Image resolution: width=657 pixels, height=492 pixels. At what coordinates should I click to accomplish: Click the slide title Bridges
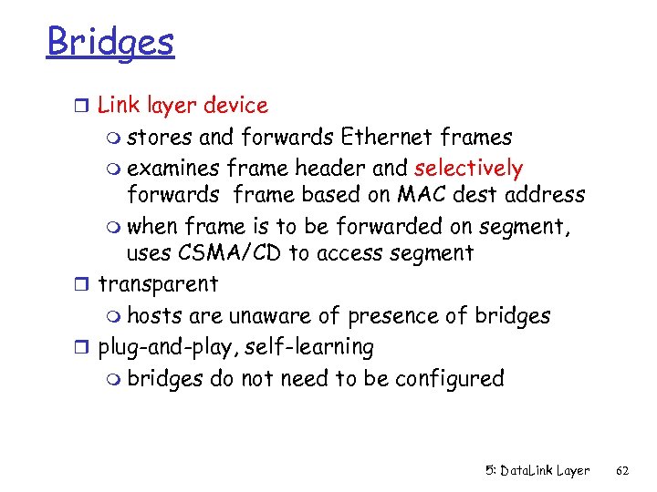109,42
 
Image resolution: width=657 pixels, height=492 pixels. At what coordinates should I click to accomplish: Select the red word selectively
468,168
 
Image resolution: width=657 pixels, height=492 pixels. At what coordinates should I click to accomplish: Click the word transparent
158,284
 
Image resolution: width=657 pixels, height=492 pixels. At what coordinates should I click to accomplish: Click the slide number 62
623,470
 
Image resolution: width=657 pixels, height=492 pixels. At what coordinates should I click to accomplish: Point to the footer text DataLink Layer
547,470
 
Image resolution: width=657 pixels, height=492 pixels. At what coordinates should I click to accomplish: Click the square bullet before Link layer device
85,106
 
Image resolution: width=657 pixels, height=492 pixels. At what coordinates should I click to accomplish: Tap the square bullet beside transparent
85,285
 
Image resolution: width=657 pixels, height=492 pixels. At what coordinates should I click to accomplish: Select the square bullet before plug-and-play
85,348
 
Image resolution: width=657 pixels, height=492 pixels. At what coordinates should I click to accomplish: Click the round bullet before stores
114,139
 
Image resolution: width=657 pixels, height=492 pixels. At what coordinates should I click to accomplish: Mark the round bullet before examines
114,170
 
